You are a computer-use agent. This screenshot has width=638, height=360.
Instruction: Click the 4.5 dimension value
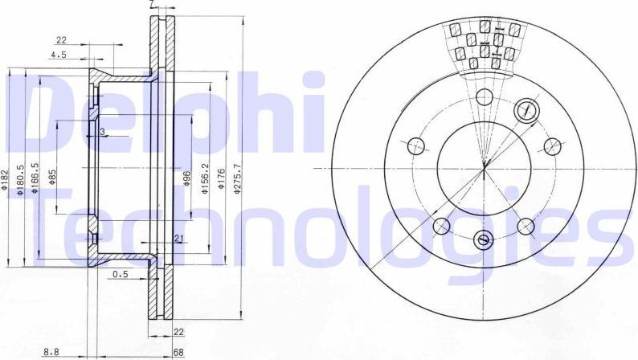[59, 55]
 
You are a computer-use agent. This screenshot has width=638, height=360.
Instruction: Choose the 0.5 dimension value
[121, 274]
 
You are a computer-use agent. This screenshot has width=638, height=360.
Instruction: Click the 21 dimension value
[178, 238]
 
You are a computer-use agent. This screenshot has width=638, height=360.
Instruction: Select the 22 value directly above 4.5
[61, 39]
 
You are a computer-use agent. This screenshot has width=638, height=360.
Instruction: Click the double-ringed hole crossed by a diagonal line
[526, 110]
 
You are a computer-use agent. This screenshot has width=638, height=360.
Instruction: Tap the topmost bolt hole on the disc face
[484, 98]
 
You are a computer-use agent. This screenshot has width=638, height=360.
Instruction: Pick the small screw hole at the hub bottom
[483, 238]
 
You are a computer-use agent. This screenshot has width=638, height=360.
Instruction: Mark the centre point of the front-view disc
[484, 168]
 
